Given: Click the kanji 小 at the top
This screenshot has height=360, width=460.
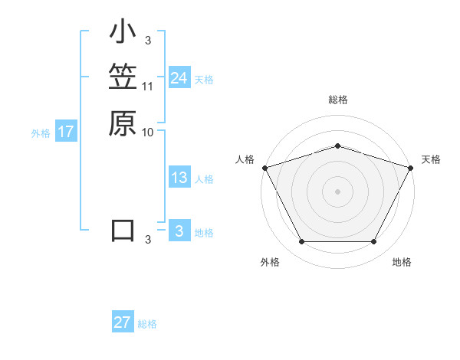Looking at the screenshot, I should click(123, 33).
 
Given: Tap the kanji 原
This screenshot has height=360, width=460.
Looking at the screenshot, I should click(123, 123).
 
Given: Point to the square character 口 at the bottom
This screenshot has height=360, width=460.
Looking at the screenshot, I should click(123, 231).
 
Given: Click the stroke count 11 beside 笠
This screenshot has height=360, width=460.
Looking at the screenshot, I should click(148, 86).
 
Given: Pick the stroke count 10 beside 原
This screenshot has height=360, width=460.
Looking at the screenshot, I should click(148, 131).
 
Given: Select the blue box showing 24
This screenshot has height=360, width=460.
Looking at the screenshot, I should click(179, 78).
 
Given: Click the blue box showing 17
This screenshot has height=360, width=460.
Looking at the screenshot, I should click(66, 132).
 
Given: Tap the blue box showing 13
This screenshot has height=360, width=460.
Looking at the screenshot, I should click(179, 178).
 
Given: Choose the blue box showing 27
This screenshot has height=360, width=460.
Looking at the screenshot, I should click(123, 322).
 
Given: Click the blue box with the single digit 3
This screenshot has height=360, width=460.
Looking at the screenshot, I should click(179, 231).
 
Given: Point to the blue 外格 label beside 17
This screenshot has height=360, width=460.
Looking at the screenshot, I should click(41, 133).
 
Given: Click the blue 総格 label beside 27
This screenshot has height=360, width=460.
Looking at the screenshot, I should click(147, 324).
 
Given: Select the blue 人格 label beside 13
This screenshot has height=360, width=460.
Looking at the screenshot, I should click(204, 179).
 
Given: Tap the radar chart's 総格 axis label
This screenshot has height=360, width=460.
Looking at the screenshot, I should click(337, 100).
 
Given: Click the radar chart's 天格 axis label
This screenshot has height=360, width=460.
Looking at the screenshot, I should click(431, 159).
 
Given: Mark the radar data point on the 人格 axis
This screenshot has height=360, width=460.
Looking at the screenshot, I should click(264, 167).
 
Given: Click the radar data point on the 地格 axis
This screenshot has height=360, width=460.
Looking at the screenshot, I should click(374, 242).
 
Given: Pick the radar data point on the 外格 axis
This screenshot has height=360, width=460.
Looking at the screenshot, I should click(301, 242).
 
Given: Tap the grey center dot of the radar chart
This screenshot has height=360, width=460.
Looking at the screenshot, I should click(337, 191).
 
